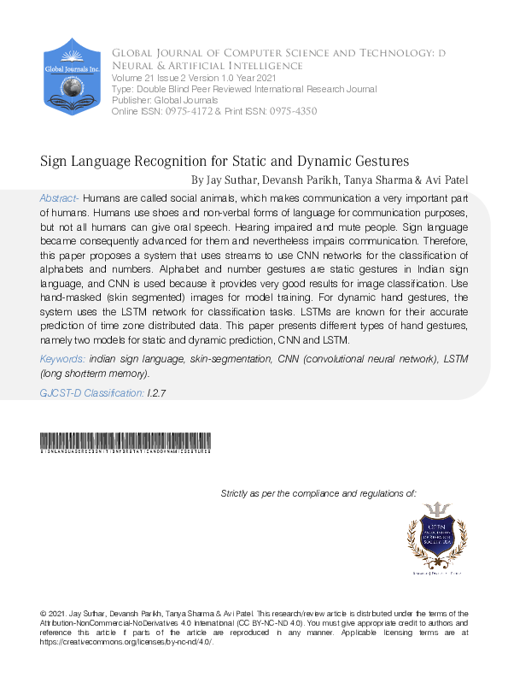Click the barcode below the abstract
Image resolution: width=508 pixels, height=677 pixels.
click(126, 443)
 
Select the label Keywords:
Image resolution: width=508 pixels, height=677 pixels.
click(62, 361)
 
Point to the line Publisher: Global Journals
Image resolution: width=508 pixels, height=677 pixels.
click(165, 101)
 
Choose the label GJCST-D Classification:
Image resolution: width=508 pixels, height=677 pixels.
click(91, 393)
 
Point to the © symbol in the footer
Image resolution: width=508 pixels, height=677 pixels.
click(44, 614)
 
